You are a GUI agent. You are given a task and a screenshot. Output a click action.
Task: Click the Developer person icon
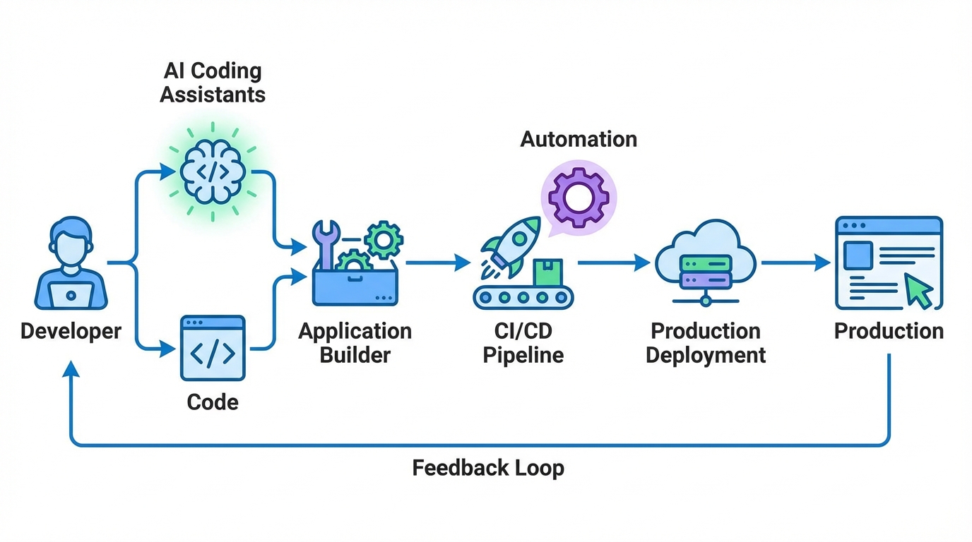point(71,265)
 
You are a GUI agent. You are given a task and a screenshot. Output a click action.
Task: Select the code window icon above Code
point(213,348)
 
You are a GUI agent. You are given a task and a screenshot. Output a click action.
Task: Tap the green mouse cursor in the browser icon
point(918,291)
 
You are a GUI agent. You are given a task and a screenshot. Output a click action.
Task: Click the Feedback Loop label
point(487,468)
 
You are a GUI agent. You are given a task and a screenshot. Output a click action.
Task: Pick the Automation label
point(579,139)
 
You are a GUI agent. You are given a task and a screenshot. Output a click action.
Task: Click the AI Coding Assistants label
point(213,83)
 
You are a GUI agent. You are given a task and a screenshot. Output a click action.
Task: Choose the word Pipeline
point(523,354)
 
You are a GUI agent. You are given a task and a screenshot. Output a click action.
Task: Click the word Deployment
point(705,354)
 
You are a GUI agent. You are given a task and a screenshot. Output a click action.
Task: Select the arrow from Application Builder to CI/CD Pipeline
point(438,263)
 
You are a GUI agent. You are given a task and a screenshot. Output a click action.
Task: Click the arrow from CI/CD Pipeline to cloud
point(613,263)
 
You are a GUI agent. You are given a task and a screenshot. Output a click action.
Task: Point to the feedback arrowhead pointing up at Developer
point(71,370)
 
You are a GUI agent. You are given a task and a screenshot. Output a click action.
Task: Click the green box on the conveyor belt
point(547,272)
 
